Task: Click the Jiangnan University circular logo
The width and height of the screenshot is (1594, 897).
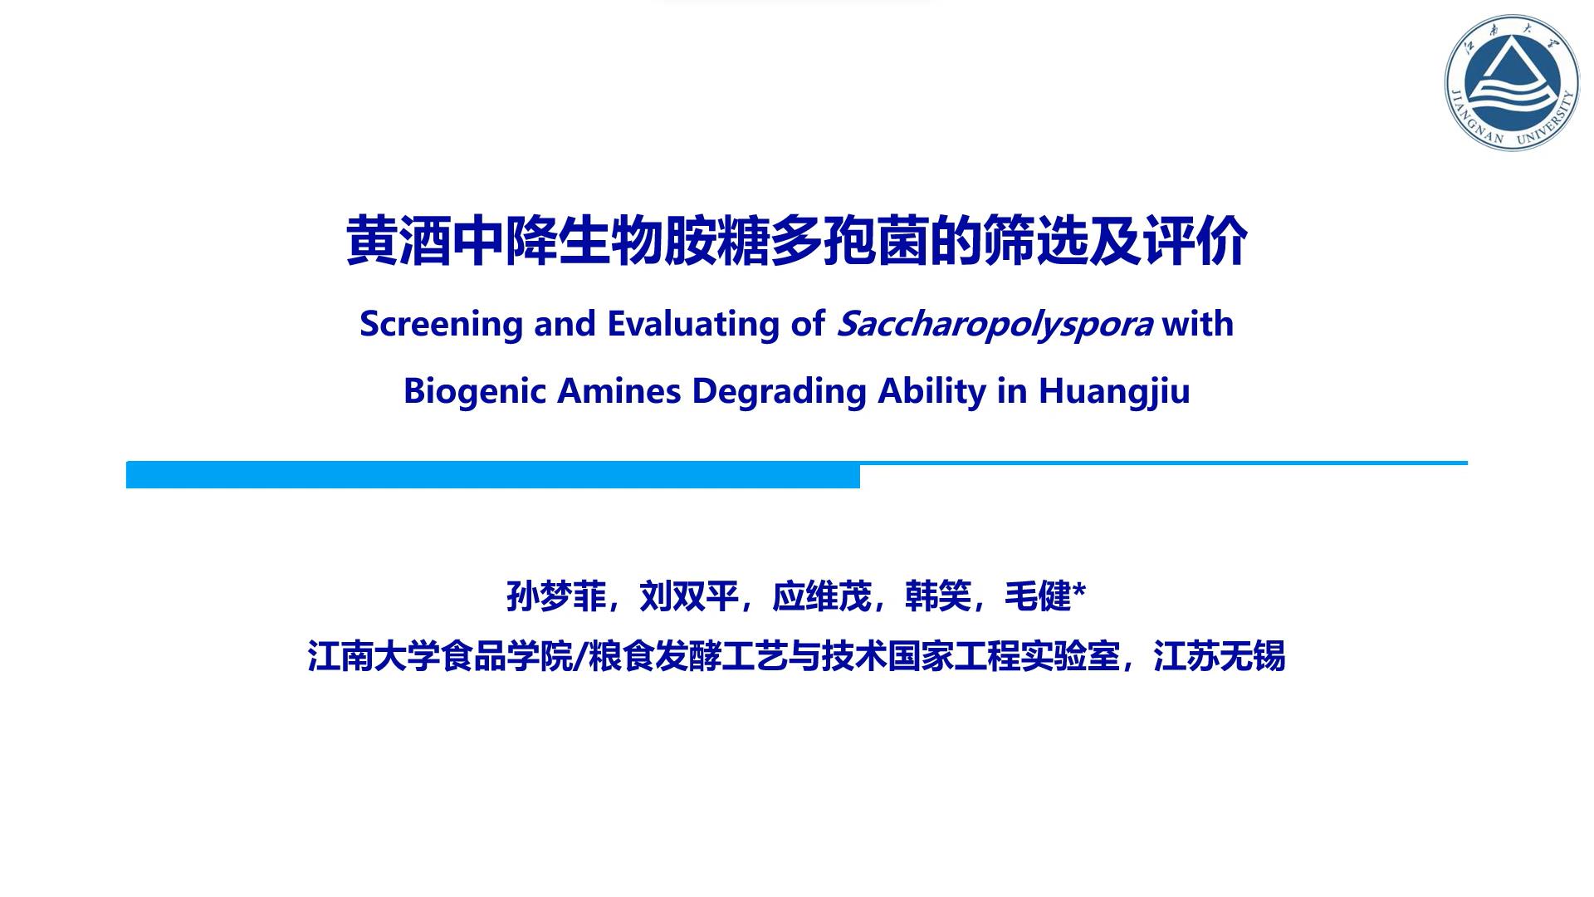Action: point(1513,82)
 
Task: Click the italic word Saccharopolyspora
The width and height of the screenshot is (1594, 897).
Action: point(995,324)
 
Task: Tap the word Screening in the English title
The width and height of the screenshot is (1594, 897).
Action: point(441,324)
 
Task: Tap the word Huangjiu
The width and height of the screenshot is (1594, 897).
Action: point(1114,391)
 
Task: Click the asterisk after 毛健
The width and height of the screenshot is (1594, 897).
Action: point(1079,591)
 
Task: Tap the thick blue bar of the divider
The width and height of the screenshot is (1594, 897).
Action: point(493,476)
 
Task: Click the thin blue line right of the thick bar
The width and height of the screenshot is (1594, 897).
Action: point(1164,463)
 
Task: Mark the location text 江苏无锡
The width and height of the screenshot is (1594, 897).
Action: point(1220,656)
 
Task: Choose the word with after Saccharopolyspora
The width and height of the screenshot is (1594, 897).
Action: point(1198,324)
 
